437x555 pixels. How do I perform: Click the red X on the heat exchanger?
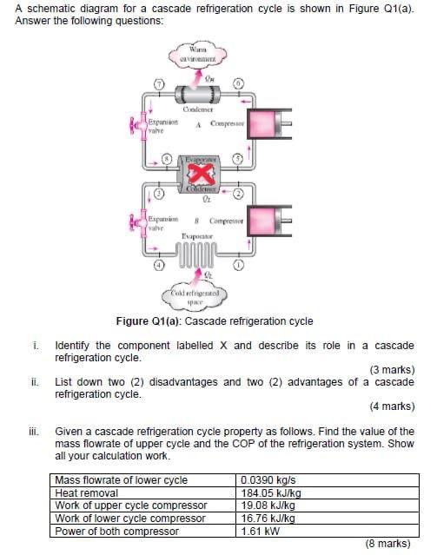pos(201,177)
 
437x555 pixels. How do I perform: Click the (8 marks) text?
pos(388,544)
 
